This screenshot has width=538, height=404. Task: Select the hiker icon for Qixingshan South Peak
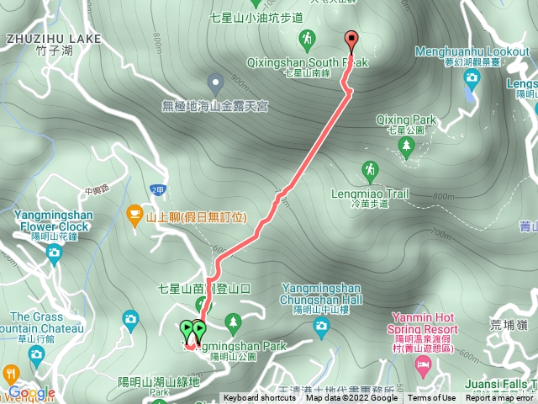(307, 39)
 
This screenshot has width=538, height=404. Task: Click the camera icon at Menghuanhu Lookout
(471, 77)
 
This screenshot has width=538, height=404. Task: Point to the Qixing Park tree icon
(407, 146)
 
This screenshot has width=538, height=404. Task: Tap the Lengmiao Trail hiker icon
(370, 173)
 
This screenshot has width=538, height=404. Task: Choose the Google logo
(32, 392)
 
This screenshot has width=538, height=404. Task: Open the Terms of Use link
(433, 398)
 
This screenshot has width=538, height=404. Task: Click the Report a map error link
(500, 398)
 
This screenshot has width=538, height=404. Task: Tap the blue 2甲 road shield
(156, 190)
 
